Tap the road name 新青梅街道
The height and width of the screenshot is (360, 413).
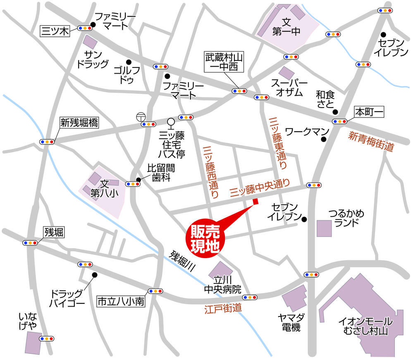(370, 141)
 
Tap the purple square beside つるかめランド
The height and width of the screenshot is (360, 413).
(324, 228)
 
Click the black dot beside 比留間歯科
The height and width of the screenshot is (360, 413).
(138, 180)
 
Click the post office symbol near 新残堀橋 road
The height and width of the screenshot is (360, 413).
(141, 117)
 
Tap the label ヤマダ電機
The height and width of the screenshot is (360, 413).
(291, 322)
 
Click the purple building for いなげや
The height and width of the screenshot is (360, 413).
(33, 341)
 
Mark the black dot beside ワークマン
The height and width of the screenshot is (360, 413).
(323, 139)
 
